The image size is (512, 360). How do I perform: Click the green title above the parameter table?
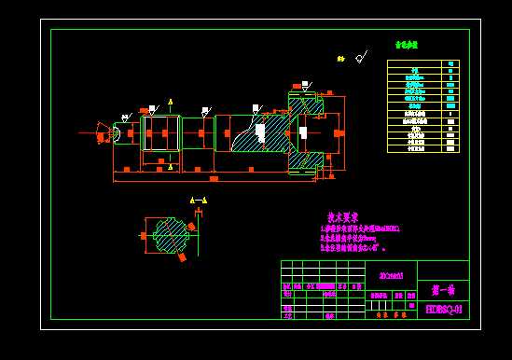406,45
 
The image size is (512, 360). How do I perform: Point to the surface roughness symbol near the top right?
360,58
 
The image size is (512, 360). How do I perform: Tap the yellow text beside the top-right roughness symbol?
341,59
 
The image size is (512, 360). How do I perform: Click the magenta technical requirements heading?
342,217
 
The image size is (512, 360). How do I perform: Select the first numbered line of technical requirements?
359,228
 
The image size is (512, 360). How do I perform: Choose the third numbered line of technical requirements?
353,248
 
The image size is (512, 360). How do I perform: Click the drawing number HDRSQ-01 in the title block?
443,309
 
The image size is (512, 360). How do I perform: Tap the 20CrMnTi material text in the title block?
392,275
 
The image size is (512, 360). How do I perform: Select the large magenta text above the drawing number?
443,290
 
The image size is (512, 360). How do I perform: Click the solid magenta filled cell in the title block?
411,305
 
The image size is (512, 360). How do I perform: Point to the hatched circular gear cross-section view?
171,235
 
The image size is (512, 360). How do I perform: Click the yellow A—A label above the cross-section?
198,201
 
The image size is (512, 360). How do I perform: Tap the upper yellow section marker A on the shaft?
170,101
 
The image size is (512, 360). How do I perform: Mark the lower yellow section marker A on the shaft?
170,167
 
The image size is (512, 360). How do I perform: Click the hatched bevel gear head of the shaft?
306,132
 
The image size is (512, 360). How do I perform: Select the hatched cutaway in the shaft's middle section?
252,133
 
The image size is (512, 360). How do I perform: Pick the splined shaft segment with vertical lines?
159,133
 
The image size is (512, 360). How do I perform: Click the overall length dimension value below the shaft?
214,177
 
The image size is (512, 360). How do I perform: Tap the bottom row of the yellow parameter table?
422,148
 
